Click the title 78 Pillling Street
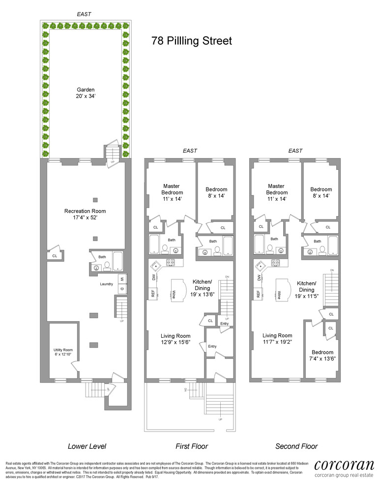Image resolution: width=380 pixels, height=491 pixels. (192, 40)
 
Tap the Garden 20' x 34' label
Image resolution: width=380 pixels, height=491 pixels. (86, 93)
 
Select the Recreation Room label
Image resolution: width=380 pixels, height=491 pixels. (85, 215)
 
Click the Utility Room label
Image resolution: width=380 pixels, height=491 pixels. (63, 353)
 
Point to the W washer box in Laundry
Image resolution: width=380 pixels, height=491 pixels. (120, 279)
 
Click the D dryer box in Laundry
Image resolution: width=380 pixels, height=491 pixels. (120, 289)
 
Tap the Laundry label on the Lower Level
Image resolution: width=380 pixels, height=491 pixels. (107, 284)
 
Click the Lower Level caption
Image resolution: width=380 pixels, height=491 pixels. (87, 446)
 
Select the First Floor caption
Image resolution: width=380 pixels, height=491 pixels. (192, 446)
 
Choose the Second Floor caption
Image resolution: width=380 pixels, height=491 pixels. (296, 446)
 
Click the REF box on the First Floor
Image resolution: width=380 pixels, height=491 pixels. (153, 294)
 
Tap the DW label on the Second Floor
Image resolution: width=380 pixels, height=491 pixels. (258, 277)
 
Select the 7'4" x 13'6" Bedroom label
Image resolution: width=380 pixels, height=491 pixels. (322, 355)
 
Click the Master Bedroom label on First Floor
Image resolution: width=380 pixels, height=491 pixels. (173, 192)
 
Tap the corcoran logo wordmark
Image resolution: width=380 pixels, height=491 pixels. (344, 465)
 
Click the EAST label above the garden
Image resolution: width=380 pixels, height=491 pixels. (84, 15)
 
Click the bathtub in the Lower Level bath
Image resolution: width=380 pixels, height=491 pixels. (118, 261)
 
